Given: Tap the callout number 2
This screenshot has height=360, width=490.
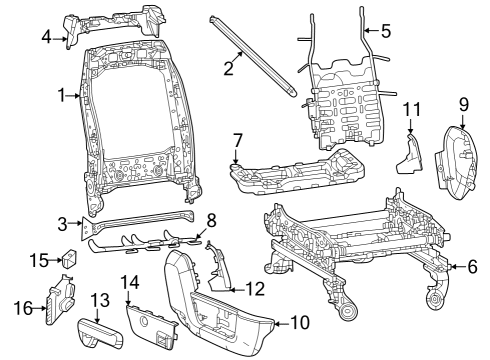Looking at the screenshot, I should click(x=229, y=68).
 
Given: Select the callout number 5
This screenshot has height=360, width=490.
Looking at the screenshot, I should click(x=386, y=30).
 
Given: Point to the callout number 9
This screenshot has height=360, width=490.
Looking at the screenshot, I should click(x=463, y=103).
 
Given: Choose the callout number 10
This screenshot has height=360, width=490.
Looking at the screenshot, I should click(x=300, y=323).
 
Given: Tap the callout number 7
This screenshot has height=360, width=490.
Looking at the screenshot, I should click(x=237, y=139).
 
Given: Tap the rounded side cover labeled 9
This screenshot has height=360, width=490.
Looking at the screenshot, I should click(x=459, y=158).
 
